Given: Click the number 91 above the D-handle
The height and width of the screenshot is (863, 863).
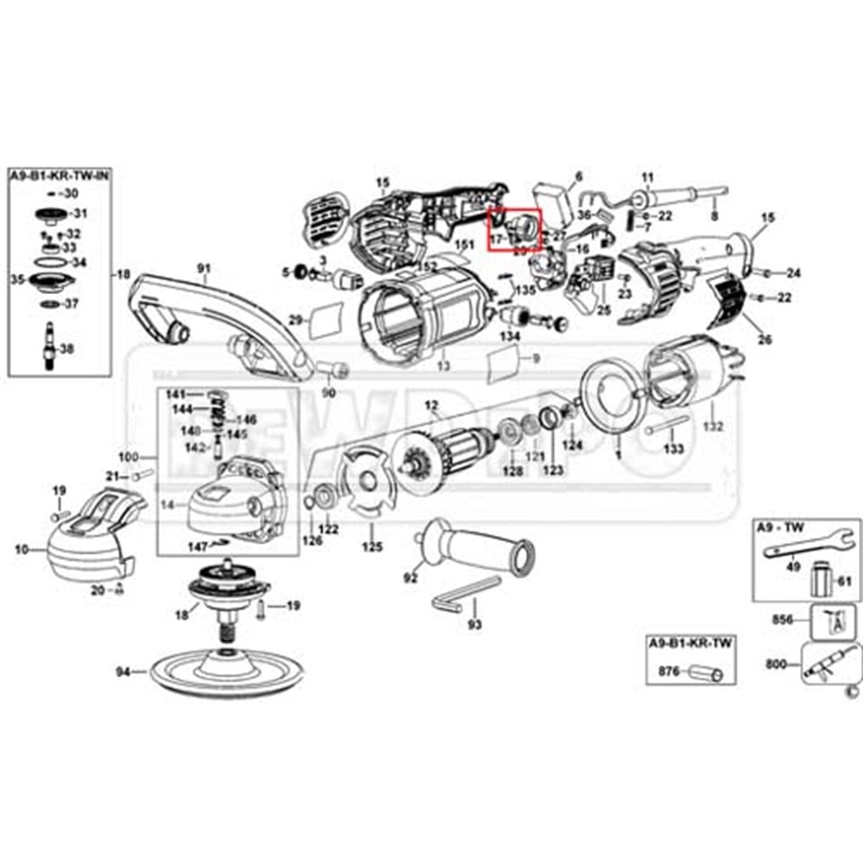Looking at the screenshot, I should coord(203,268).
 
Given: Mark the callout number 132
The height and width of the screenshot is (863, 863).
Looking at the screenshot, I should coord(713,426).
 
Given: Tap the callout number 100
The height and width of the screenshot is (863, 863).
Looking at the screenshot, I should coord(131,458).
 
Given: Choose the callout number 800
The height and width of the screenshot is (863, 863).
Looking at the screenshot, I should coord(774,664).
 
